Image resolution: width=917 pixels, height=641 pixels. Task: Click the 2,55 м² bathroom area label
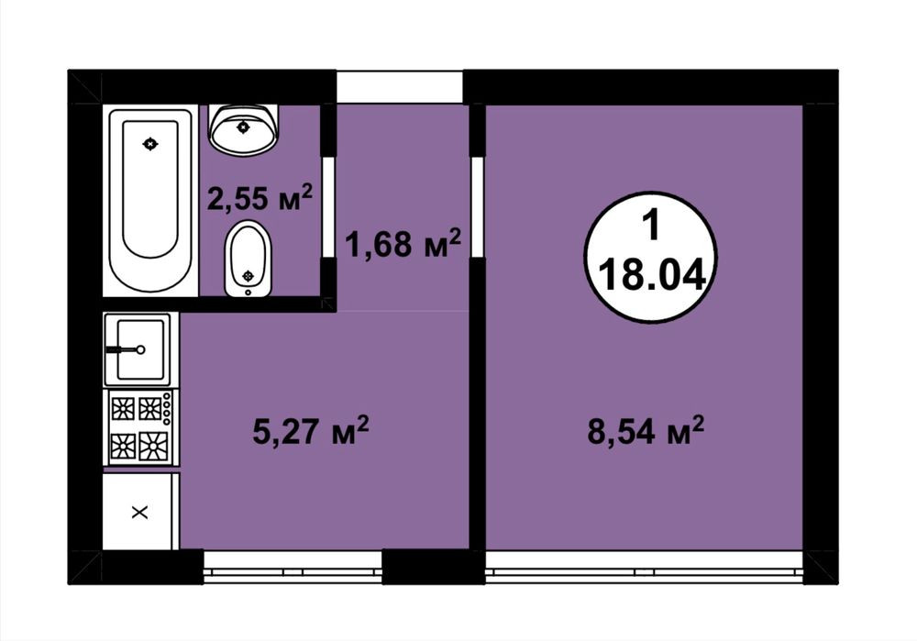260,197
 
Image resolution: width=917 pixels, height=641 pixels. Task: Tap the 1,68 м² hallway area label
403,243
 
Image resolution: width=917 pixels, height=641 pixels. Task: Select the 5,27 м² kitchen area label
311,430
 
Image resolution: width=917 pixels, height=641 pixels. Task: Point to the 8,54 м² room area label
645,430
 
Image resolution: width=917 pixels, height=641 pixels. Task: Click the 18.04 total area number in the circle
651,275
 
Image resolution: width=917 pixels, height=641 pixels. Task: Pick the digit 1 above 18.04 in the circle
650,226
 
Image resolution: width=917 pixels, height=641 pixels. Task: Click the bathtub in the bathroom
150,199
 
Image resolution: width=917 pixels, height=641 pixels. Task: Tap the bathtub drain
150,143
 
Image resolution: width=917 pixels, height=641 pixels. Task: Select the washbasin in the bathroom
243,130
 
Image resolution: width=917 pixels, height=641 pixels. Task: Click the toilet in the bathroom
248,259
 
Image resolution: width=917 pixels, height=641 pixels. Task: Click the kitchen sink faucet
125,349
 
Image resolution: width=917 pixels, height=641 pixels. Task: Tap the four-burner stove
141,427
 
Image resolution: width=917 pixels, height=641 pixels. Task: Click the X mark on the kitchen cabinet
139,513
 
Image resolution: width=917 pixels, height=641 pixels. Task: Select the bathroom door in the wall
328,206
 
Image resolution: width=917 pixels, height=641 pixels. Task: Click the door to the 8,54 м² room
477,206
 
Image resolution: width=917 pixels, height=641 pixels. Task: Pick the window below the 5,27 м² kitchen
293,567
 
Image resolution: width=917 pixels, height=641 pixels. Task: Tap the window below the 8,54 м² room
645,567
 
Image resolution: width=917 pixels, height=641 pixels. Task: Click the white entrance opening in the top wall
400,87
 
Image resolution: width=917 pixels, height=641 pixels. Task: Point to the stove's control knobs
167,408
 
